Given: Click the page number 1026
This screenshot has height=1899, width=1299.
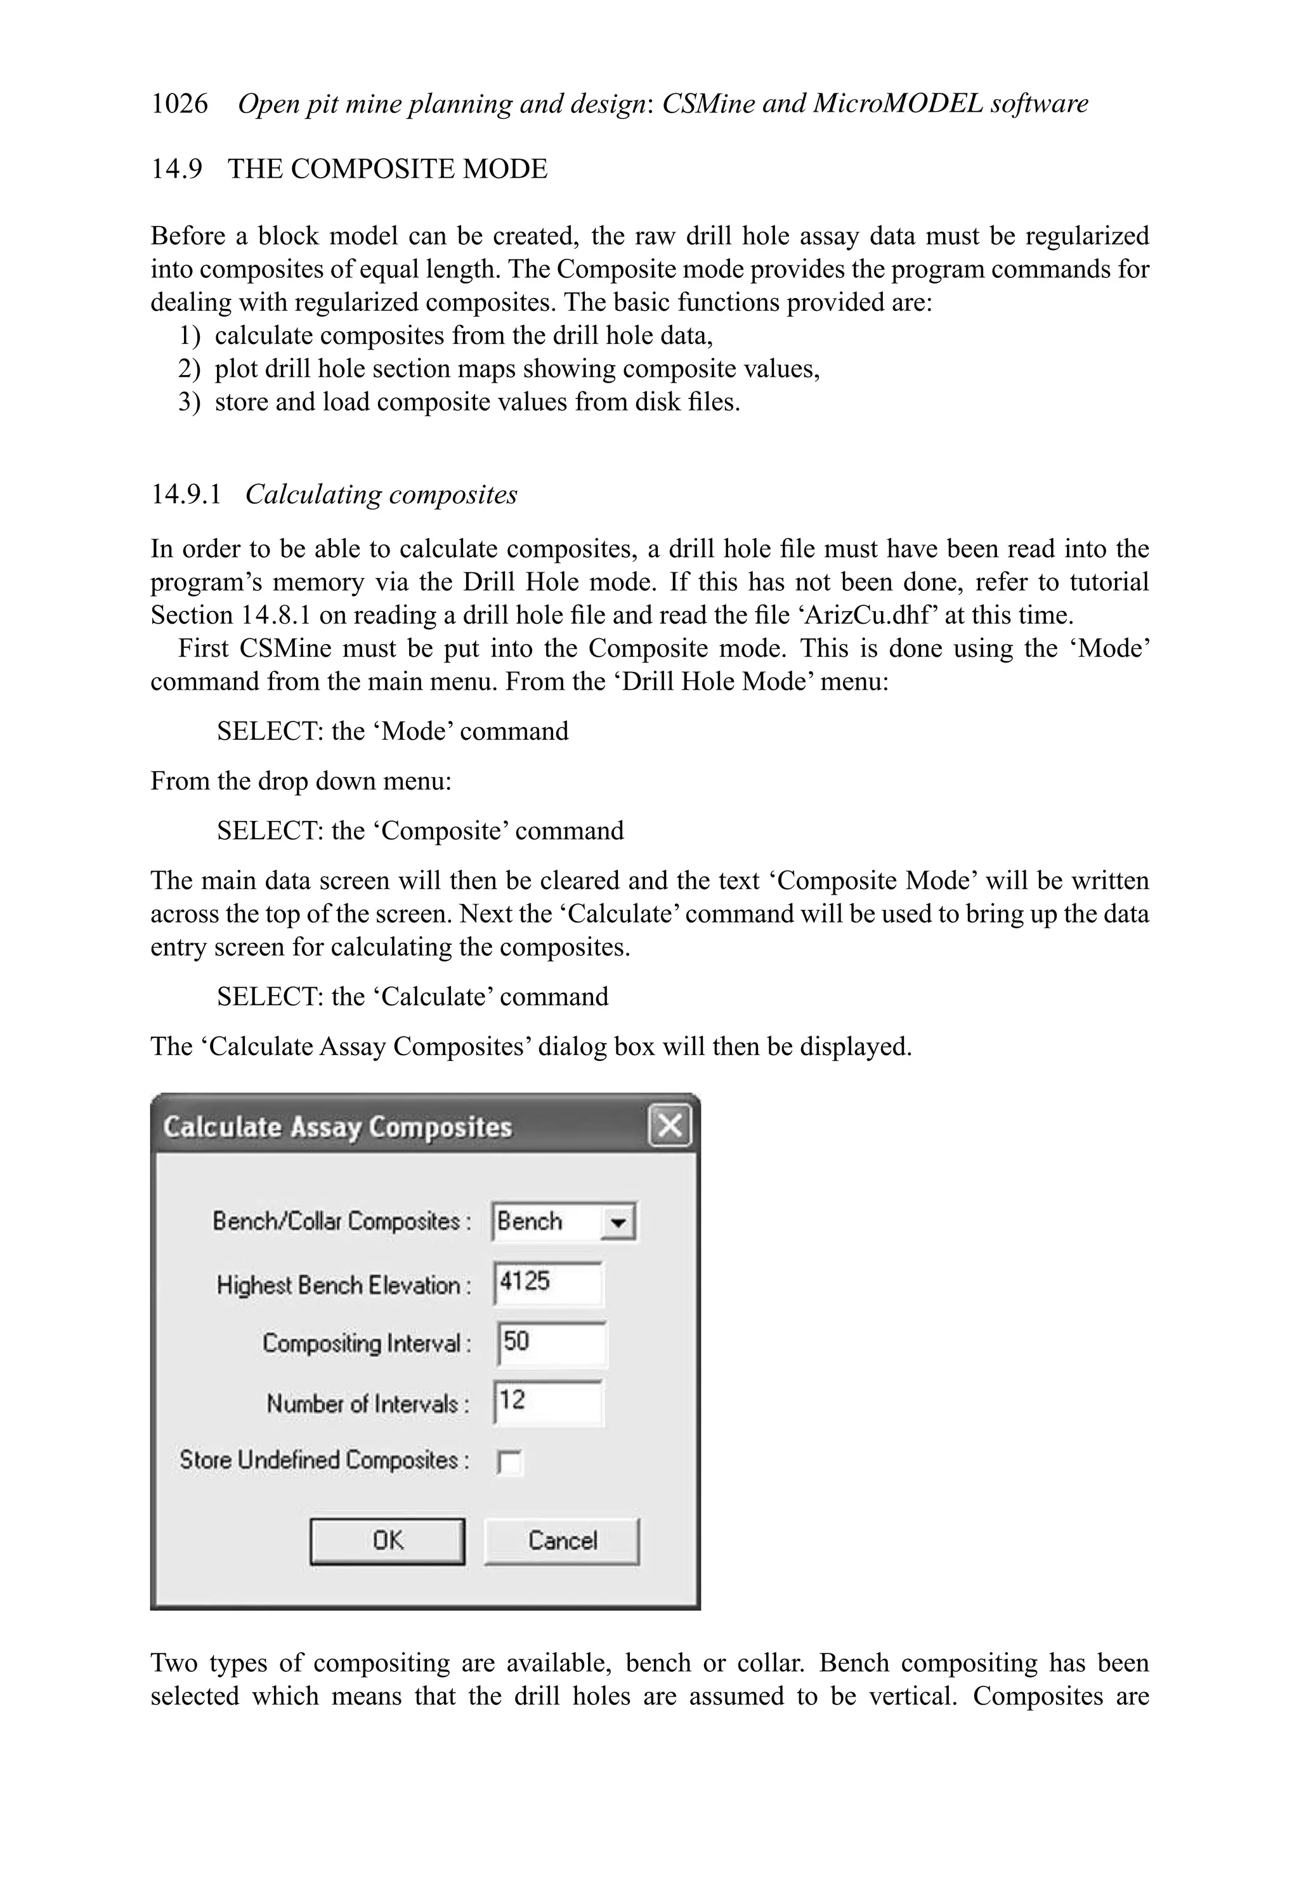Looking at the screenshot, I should [x=179, y=104].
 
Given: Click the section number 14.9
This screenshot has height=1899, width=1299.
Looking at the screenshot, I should [x=176, y=169].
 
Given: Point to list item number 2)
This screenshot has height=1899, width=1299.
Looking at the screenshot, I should [x=189, y=369].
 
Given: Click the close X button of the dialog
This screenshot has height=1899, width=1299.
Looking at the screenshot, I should [x=669, y=1126].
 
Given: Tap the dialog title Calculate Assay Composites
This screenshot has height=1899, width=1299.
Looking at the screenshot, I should [x=337, y=1127].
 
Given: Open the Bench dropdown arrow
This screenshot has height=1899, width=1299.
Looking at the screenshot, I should [x=618, y=1223].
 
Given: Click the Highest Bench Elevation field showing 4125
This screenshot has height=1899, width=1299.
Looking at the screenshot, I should [x=548, y=1282].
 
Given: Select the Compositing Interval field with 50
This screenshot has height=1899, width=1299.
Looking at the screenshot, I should [x=551, y=1342].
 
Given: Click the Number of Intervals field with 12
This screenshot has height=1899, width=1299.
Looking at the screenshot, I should [x=548, y=1402].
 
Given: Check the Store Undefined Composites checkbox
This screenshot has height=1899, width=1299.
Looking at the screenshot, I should [x=509, y=1462].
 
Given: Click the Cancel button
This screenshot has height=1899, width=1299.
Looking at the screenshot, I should [x=562, y=1541].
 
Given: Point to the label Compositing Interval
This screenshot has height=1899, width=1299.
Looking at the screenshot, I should [x=365, y=1343].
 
